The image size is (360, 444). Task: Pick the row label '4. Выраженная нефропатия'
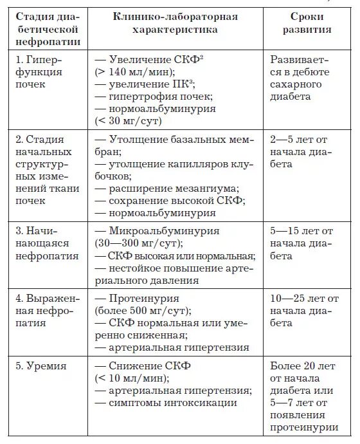[x=47, y=311]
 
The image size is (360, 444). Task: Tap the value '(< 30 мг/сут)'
[x=128, y=120]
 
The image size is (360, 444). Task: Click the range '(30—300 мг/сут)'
[x=138, y=243]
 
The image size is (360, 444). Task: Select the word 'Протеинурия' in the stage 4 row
[x=140, y=299]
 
